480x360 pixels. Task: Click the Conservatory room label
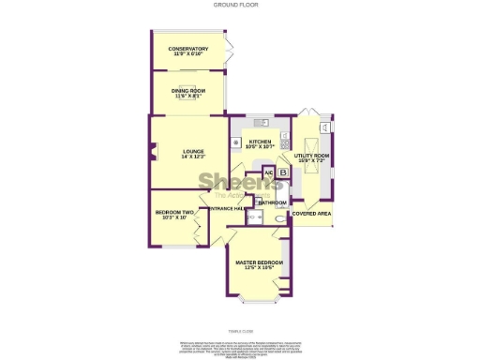point(188,49)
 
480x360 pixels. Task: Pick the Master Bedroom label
point(260,262)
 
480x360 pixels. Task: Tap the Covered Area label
point(311,213)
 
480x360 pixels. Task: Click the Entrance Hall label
point(229,208)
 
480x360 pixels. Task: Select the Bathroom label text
point(272,202)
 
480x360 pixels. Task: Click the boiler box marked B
point(282,172)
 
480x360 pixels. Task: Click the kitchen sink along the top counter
point(261,122)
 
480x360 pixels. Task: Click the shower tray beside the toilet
point(254,217)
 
